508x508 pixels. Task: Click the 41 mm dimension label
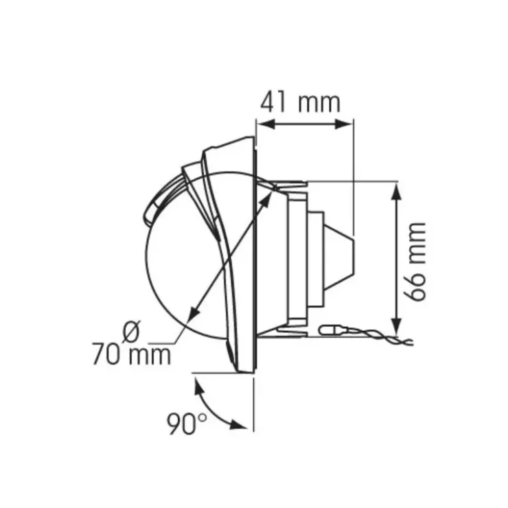point(300,102)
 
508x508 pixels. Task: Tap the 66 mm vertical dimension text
point(415,262)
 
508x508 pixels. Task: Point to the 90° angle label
point(187,424)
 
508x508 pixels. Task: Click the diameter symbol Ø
point(132,331)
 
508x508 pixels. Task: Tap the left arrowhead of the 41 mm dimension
point(266,124)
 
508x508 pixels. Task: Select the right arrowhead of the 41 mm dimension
point(344,124)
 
